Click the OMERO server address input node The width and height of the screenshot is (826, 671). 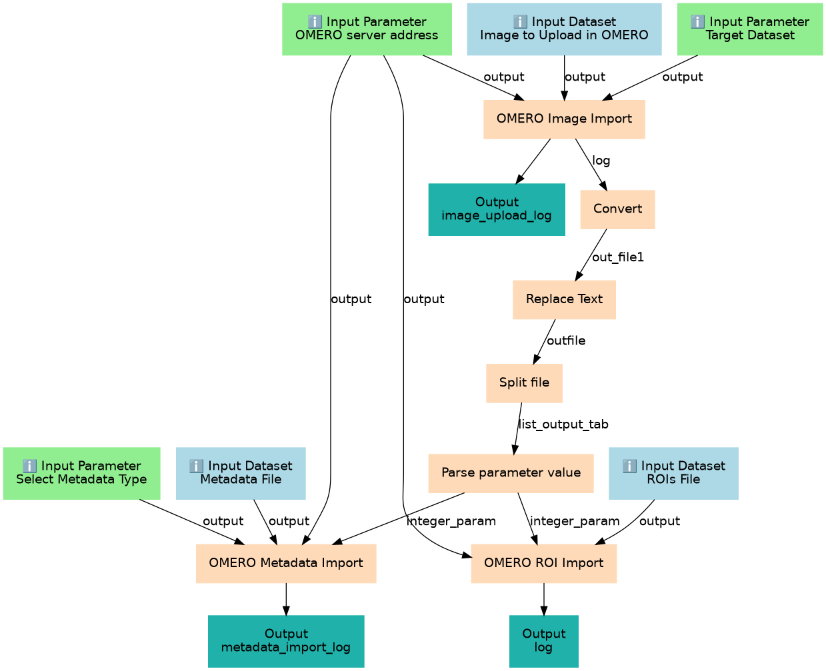tap(367, 29)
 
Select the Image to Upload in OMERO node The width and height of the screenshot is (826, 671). tap(564, 29)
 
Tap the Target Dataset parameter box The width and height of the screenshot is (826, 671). tap(750, 29)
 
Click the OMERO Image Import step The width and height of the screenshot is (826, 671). tap(564, 119)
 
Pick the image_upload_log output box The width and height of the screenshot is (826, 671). tap(497, 209)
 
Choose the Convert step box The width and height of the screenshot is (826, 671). tap(617, 209)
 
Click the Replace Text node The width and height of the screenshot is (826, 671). tap(564, 299)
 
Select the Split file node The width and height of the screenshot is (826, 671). tap(524, 383)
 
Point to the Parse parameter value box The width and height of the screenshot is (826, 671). tap(511, 473)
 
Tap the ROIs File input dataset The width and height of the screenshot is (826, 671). tap(673, 473)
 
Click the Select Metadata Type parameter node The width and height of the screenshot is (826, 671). tap(81, 473)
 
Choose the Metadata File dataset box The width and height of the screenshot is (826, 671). tap(241, 473)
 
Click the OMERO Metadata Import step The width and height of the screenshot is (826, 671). tap(286, 563)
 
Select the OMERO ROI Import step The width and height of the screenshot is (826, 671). tap(543, 563)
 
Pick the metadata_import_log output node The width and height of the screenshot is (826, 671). tap(286, 641)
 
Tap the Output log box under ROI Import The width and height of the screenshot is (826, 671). tap(543, 641)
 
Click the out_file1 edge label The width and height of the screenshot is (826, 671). tap(618, 257)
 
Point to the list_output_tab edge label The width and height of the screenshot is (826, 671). tap(563, 424)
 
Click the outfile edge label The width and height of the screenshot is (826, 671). tap(566, 341)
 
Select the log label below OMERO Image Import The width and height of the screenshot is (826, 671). tap(601, 161)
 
